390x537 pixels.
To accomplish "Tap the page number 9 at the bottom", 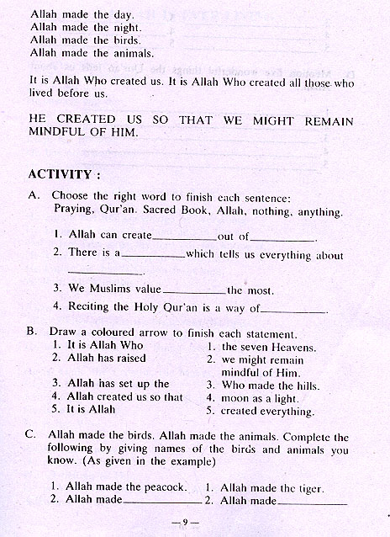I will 194,522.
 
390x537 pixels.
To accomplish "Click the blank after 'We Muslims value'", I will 194,290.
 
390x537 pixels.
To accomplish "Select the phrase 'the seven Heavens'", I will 268,346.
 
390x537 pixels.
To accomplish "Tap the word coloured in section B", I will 127,332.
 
